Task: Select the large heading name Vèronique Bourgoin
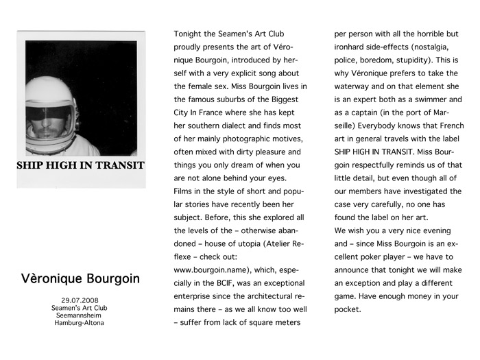pyautogui.click(x=81, y=279)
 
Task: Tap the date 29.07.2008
pyautogui.click(x=80, y=300)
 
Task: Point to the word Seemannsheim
pyautogui.click(x=80, y=315)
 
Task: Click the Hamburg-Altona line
pyautogui.click(x=80, y=323)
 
